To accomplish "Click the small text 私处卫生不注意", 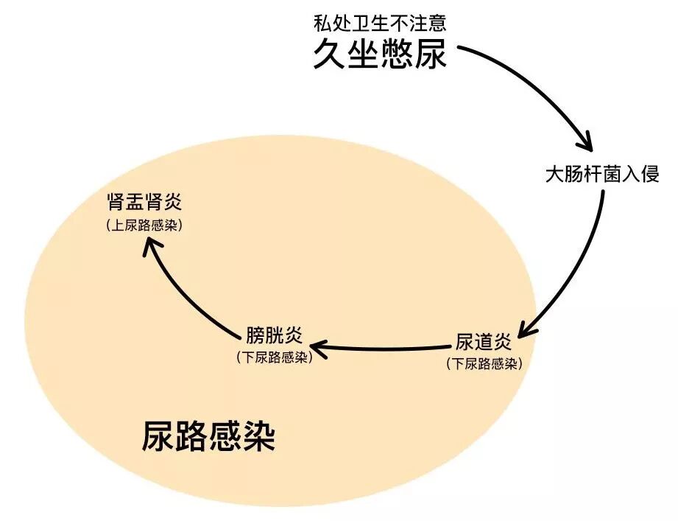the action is tap(380, 24).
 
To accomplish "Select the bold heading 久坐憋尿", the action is tap(380, 55).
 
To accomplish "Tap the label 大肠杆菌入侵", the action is tap(601, 175).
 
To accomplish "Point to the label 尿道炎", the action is tap(484, 343).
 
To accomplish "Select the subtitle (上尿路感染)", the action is tap(144, 225).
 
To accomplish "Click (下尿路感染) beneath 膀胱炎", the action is tap(273, 357).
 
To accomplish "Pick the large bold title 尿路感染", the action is tap(209, 436).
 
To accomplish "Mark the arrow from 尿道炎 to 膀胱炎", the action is tap(383, 346).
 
